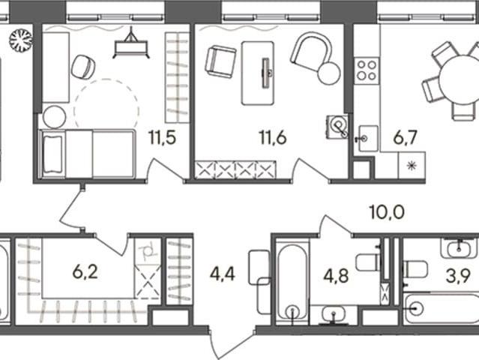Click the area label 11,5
(x=162, y=137)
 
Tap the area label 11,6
(x=273, y=137)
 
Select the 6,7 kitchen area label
(x=405, y=137)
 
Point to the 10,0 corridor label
(x=387, y=212)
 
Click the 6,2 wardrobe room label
(x=85, y=272)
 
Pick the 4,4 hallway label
(x=223, y=274)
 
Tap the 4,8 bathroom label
(x=336, y=276)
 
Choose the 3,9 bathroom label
(x=457, y=276)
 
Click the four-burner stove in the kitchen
(x=367, y=70)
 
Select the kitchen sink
(x=368, y=139)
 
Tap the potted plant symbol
(x=20, y=40)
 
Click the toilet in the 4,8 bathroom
(x=368, y=262)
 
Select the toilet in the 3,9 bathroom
(x=415, y=269)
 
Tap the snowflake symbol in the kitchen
(x=412, y=166)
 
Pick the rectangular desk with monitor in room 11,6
(x=257, y=73)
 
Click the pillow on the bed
(x=53, y=154)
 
